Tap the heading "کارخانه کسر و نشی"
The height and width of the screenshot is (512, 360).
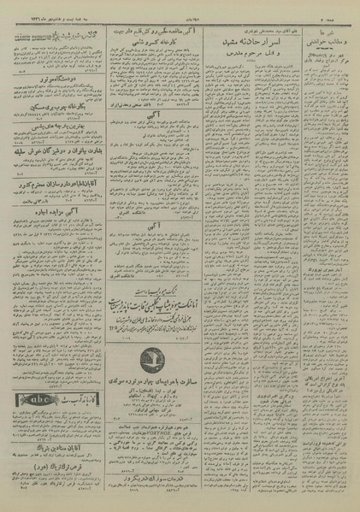pyautogui.click(x=162, y=41)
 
